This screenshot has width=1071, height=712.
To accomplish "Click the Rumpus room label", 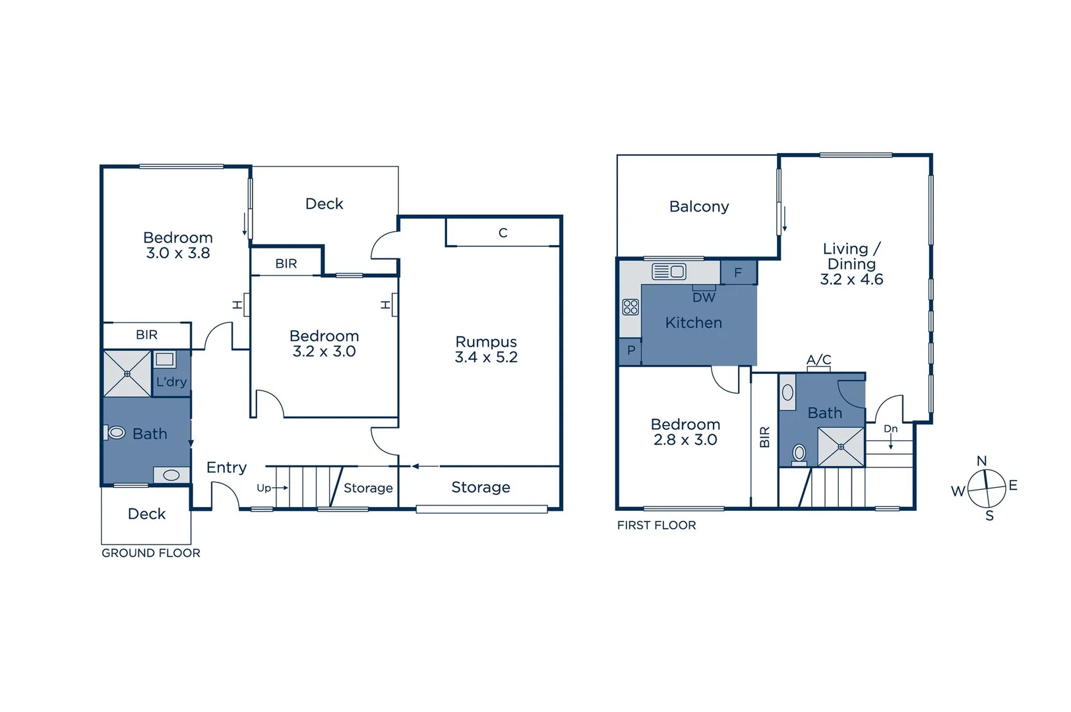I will coord(486,341).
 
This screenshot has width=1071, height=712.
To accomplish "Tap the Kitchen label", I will coord(693,322).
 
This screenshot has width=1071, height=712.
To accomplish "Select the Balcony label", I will coord(698,206).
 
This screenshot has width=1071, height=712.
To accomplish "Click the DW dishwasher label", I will coord(704,297).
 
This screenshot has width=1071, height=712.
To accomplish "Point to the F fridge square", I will coord(738,272).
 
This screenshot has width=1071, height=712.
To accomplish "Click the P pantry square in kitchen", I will coord(630,350).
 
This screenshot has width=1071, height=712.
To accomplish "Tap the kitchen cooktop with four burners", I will coord(630,307).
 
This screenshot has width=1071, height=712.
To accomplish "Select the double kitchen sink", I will coord(669,271).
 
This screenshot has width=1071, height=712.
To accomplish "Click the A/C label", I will coord(818,359).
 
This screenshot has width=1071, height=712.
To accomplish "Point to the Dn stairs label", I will coord(890,429).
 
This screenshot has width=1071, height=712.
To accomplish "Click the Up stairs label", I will coord(264,488).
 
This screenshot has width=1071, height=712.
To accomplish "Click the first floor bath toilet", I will coord(799,453).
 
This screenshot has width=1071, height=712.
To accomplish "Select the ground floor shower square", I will coord(127,374).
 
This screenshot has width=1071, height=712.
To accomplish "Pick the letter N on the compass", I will coord(981,461).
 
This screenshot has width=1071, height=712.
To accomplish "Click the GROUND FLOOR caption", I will coord(150,553).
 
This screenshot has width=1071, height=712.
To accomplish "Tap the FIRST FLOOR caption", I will coord(656,525).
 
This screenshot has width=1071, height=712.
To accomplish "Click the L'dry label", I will coord(171,382).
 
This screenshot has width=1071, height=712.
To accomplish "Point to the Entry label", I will coord(226,467).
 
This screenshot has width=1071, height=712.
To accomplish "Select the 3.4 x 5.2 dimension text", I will coord(486,357).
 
